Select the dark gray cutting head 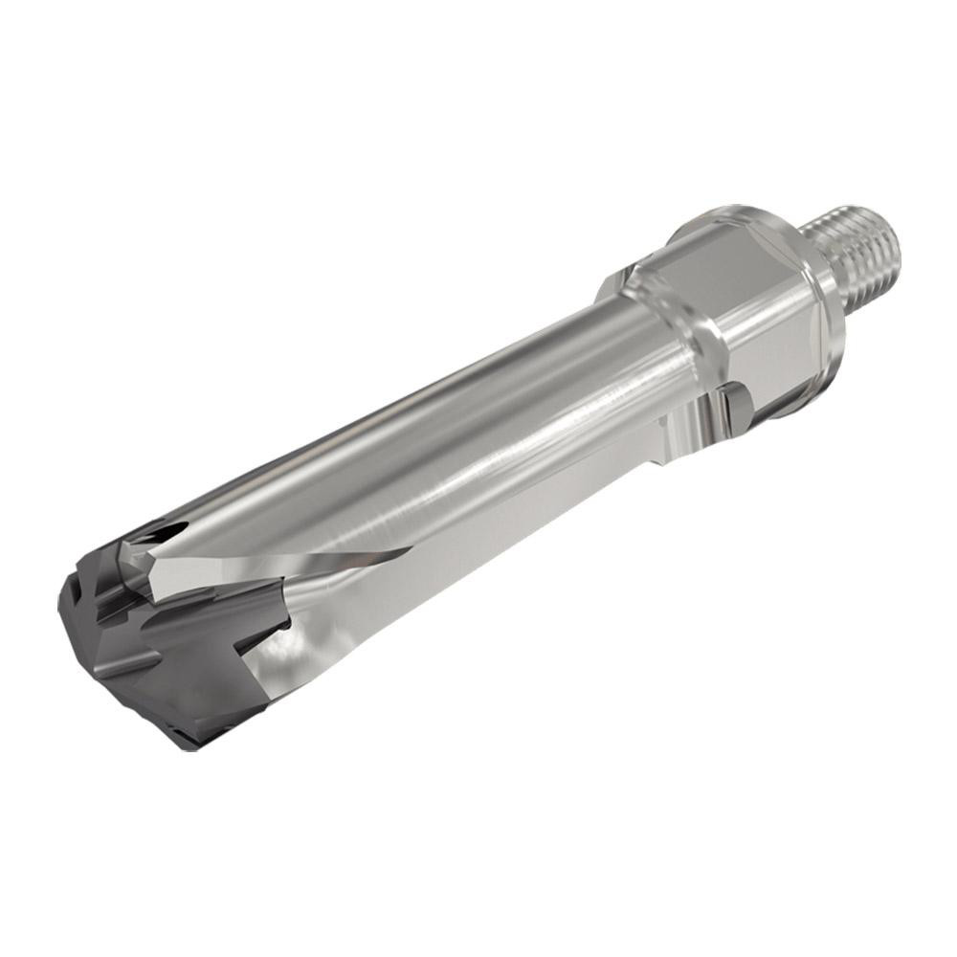[163, 651]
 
